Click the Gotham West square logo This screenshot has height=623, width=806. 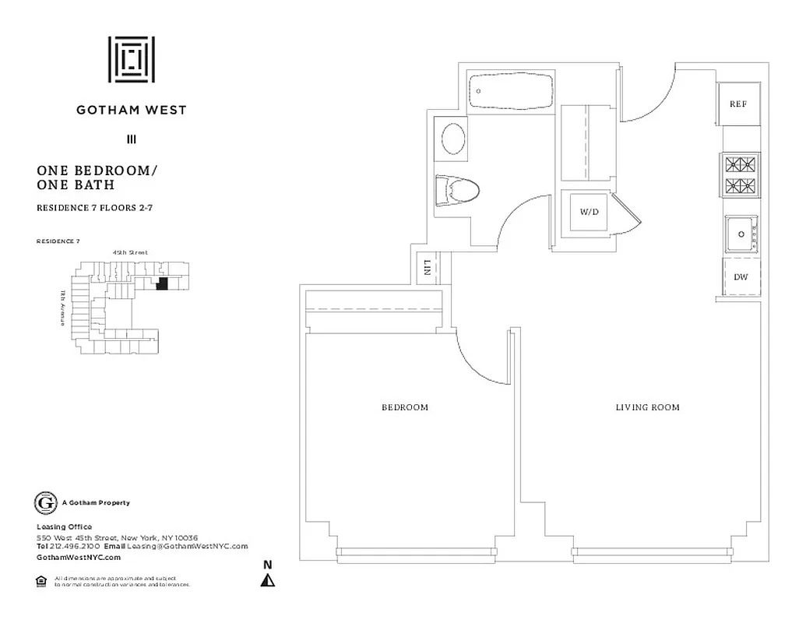[x=131, y=60]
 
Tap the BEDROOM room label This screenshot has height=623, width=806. [x=404, y=407]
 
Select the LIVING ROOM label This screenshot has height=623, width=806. [x=647, y=407]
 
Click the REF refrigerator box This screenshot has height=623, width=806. [x=738, y=104]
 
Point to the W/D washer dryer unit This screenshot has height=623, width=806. [x=588, y=212]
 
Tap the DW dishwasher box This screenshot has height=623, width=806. [x=741, y=276]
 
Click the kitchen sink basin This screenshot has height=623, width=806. [x=741, y=234]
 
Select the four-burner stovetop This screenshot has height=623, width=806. [x=741, y=175]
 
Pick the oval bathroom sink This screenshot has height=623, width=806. [x=454, y=139]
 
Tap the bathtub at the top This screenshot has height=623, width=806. [x=512, y=92]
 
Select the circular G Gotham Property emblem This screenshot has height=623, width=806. [x=46, y=503]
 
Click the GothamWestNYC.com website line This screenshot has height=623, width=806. [x=79, y=558]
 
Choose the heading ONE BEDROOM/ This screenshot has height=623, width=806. [x=92, y=171]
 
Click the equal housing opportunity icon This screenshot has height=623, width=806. [x=42, y=579]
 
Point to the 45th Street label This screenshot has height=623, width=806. [x=129, y=252]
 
